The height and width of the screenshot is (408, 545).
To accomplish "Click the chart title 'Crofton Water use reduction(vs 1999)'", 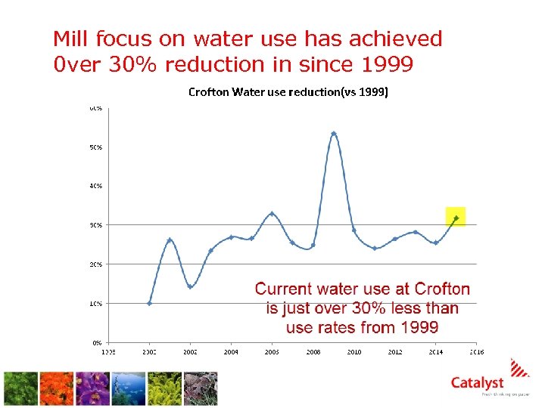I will pyautogui.click(x=288, y=93).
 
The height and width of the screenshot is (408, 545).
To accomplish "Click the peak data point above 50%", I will pyautogui.click(x=334, y=134).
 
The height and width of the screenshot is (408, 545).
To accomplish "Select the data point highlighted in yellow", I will pyautogui.click(x=455, y=218).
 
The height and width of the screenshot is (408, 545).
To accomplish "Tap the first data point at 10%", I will pyautogui.click(x=149, y=303).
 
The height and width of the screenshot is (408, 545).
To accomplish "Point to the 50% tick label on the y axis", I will pyautogui.click(x=96, y=147).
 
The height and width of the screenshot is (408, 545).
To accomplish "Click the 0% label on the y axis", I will pyautogui.click(x=98, y=342).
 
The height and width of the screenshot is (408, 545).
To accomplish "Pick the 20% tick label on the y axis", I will pyautogui.click(x=96, y=264).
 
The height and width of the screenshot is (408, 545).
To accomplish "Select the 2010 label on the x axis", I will pyautogui.click(x=353, y=352).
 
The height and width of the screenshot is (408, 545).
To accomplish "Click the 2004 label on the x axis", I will pyautogui.click(x=231, y=352).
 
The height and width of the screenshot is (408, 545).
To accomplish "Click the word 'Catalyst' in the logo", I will pyautogui.click(x=477, y=383).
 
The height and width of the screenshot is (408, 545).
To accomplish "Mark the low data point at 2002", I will pyautogui.click(x=190, y=286).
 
